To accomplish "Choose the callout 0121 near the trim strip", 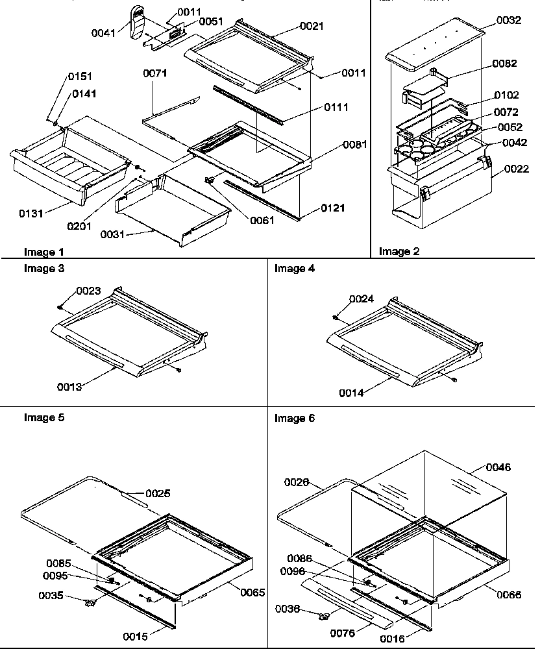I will (332, 208).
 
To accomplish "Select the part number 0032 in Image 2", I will (509, 20).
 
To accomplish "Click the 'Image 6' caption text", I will (295, 419).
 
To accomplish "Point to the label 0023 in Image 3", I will (88, 291).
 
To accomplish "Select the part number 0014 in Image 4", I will (352, 393).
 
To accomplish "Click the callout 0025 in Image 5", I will (158, 494).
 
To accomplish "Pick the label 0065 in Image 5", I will (252, 591).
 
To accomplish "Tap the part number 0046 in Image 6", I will (498, 467).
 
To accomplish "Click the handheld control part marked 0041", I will (138, 23).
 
